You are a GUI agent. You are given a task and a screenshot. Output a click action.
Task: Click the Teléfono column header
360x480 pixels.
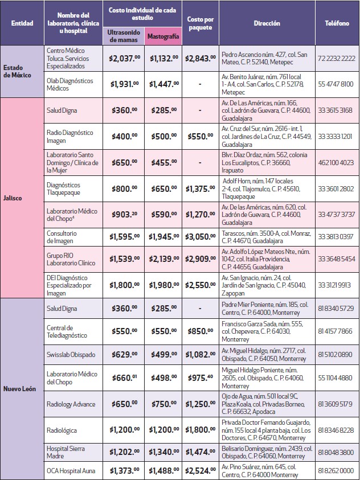point(337,23)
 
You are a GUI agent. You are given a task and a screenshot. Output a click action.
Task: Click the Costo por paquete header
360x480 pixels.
point(200,23)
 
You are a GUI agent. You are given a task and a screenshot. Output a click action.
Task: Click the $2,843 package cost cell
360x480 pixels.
point(200,58)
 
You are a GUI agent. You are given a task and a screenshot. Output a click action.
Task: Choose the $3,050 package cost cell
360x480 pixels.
point(200,236)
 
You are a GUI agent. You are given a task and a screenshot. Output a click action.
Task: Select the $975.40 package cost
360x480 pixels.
point(200,378)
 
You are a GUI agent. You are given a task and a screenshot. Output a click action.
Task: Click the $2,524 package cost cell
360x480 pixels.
point(200,471)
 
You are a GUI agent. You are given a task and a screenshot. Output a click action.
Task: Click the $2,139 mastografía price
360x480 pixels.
point(163,260)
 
